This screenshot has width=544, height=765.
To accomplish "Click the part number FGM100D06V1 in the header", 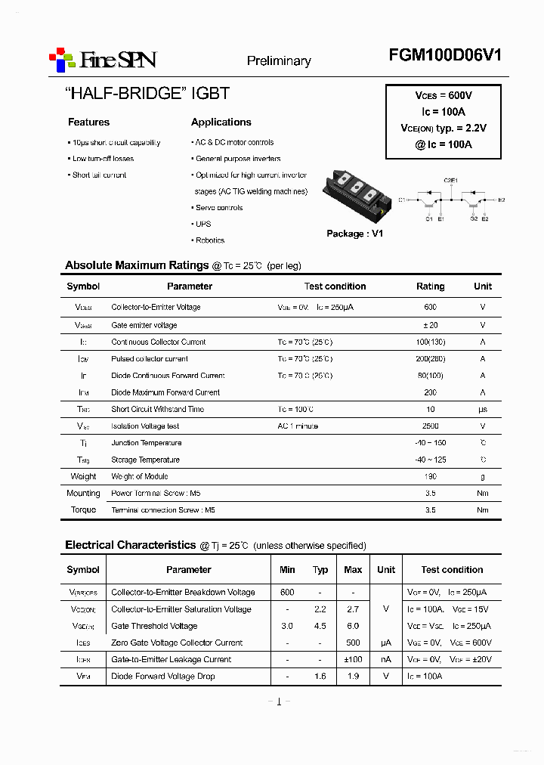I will click(445, 55).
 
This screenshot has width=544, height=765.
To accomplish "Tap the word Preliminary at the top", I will click(279, 61).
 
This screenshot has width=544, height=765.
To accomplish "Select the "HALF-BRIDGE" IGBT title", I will click(147, 94).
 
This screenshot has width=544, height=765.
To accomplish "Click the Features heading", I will click(88, 122).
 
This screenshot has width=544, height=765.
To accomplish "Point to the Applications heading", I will click(221, 122).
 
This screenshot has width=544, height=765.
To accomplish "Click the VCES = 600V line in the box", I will click(444, 96).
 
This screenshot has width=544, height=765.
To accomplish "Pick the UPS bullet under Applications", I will click(202, 224).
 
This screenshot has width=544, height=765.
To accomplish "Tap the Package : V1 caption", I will click(354, 234).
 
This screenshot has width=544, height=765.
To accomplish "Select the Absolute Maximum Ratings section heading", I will click(137, 265).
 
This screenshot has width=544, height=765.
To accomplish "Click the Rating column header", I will click(431, 286).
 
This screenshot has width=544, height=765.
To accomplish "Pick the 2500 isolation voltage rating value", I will click(431, 426).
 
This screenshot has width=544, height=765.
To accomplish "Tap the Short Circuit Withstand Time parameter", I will click(157, 410).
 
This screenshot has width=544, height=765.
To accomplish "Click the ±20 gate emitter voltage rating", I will click(431, 325).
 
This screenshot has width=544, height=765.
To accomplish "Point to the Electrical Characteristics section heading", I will click(130, 545).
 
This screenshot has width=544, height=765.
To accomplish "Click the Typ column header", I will click(320, 570).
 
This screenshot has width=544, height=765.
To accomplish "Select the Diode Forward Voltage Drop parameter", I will click(162, 677).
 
